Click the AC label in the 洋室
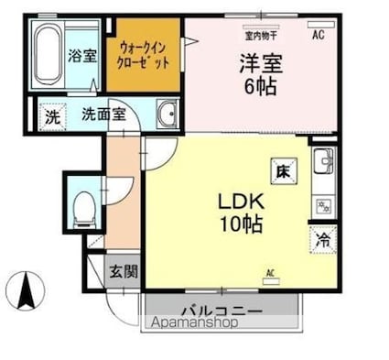(x=319, y=35)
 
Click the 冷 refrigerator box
(x=322, y=240)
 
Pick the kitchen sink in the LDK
(x=323, y=166)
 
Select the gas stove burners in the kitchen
(x=323, y=204)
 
